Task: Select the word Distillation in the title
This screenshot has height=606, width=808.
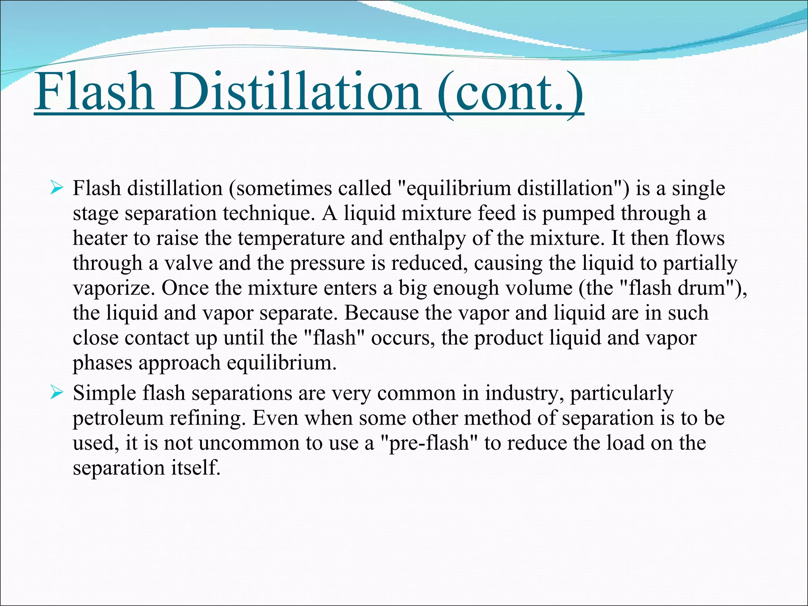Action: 296,92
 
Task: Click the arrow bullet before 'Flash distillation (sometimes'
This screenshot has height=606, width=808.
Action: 57,188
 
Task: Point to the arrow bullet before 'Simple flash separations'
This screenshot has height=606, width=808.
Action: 57,393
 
